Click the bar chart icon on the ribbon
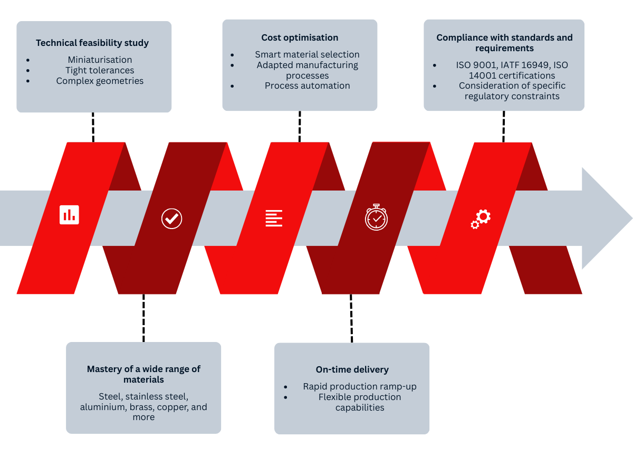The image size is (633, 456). click(x=69, y=215)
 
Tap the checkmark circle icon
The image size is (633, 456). click(x=171, y=218)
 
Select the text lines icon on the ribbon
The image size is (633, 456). click(x=274, y=218)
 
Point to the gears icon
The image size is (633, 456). click(x=481, y=218)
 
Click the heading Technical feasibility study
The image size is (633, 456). click(x=92, y=43)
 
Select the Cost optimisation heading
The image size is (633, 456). click(x=300, y=37)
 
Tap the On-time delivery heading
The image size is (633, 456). click(x=352, y=369)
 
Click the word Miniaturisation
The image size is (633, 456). click(x=100, y=60)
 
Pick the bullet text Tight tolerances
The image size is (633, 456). click(x=100, y=70)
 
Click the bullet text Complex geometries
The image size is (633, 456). click(x=100, y=81)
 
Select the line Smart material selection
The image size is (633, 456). click(x=307, y=54)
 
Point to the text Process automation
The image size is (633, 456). click(x=307, y=85)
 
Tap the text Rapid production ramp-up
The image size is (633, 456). click(x=360, y=386)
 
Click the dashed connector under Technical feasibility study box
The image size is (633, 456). click(x=93, y=127)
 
